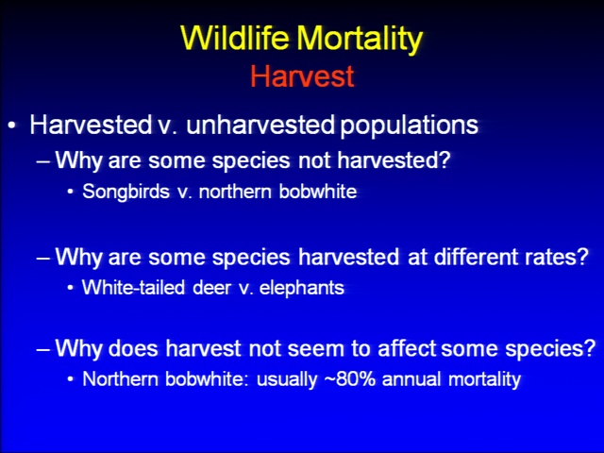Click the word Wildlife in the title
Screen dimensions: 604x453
[235, 38]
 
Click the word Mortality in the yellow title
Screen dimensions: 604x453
[360, 40]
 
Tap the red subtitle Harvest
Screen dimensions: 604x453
[302, 75]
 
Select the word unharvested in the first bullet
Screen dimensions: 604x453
[260, 125]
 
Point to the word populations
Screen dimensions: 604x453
[410, 126]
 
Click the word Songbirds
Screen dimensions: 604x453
[126, 192]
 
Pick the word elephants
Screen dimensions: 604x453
[302, 287]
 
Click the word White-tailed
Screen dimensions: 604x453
[133, 287]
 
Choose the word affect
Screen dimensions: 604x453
[407, 348]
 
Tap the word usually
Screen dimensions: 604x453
[287, 379]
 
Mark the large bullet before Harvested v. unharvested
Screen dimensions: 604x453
[12, 126]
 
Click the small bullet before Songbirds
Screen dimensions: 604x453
[70, 192]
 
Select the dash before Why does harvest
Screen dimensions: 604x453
[43, 349]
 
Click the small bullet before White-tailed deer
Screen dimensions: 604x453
[70, 288]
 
